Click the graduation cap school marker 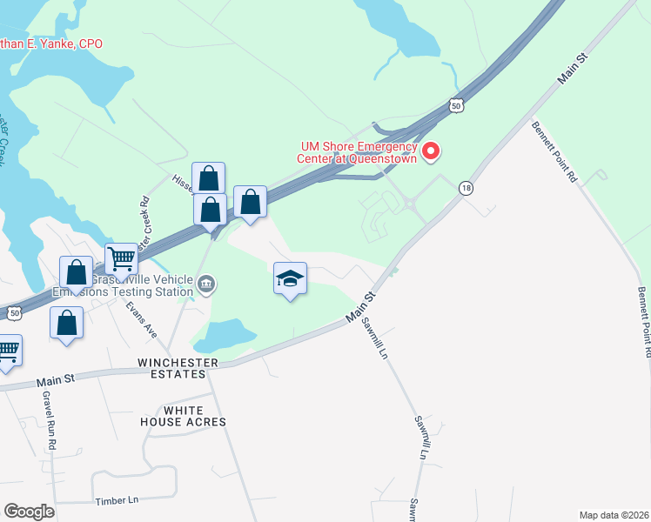(290, 278)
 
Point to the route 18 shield (467, 188)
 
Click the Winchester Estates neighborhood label (171, 367)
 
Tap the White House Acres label (183, 416)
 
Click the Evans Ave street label (140, 318)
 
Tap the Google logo (29, 512)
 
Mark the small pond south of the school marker (225, 334)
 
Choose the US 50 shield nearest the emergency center (457, 104)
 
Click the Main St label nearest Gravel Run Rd (57, 381)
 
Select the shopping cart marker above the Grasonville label (122, 258)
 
